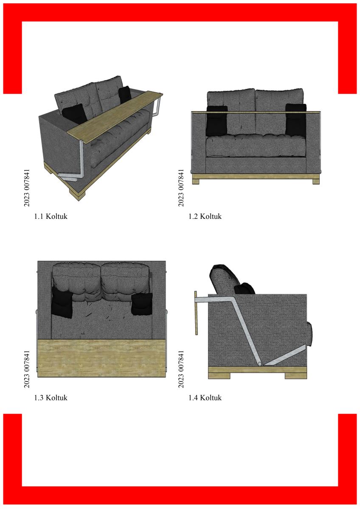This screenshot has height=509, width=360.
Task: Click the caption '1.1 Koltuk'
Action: coord(51,216)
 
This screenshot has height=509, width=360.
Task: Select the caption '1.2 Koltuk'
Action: coord(205,216)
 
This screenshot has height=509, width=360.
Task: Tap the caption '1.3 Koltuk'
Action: coord(51,398)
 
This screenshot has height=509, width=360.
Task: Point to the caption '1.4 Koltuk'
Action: coord(205,398)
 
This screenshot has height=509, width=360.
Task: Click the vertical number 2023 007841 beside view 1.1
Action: coord(27,187)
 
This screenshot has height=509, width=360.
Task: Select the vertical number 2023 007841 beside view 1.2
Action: coord(181,187)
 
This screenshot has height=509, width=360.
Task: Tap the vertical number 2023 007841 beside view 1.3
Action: coord(27,369)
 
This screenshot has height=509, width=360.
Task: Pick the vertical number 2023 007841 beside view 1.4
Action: coord(181,369)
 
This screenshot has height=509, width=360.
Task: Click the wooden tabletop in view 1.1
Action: coord(115,117)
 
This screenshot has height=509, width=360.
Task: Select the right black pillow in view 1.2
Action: coord(295,120)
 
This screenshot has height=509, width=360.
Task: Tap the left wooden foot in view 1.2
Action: coord(196,182)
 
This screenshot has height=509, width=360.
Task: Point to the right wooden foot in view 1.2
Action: coord(316,182)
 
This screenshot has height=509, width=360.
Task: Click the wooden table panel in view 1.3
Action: coord(101,358)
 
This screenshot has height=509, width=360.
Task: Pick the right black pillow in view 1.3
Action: coord(142,304)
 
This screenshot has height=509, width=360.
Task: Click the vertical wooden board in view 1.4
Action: coord(196,313)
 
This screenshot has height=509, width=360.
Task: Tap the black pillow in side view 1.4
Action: coord(245,288)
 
